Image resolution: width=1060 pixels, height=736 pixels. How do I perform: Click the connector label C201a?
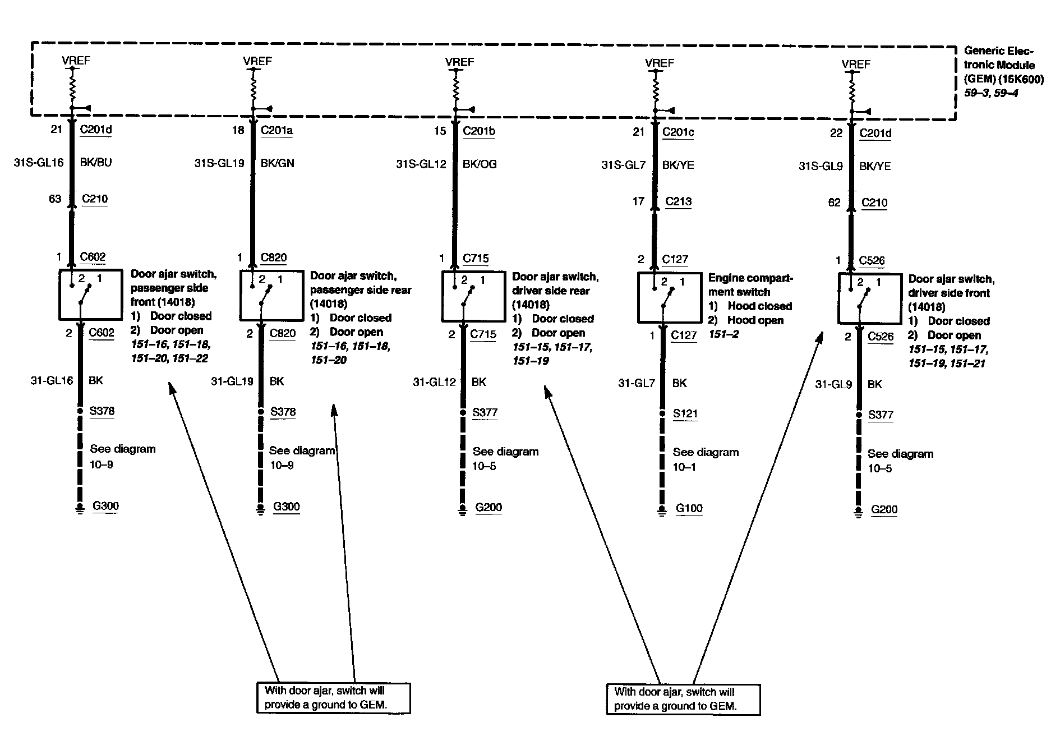[x=276, y=130]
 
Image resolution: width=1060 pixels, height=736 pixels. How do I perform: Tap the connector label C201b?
[x=479, y=131]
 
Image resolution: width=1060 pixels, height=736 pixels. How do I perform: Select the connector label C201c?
[x=678, y=132]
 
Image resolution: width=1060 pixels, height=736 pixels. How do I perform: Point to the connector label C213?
[x=678, y=201]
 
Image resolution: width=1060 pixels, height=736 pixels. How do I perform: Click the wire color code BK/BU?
[x=96, y=163]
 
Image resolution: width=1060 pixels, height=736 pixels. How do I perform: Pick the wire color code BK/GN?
[x=277, y=163]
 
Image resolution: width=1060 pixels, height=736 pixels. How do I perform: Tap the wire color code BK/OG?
[x=480, y=164]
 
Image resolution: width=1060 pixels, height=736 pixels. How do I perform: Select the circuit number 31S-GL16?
[x=38, y=163]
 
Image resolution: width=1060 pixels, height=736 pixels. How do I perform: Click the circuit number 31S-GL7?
[x=624, y=165]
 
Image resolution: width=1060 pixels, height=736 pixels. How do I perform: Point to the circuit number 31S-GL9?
[x=821, y=166]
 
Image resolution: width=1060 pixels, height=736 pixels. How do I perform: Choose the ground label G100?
[x=689, y=509]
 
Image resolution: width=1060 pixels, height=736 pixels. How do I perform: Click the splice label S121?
[x=685, y=414]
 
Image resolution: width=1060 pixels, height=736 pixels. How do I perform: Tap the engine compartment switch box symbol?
[x=662, y=298]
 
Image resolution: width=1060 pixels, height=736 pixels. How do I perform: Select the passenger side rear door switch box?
[x=264, y=296]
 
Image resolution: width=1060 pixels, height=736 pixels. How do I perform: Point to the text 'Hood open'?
[x=755, y=320]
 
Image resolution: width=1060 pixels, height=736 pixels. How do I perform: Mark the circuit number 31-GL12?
[x=435, y=382]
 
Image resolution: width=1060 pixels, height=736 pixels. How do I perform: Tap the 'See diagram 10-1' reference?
[x=705, y=459]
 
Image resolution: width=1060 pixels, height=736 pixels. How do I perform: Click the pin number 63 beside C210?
[x=55, y=199]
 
